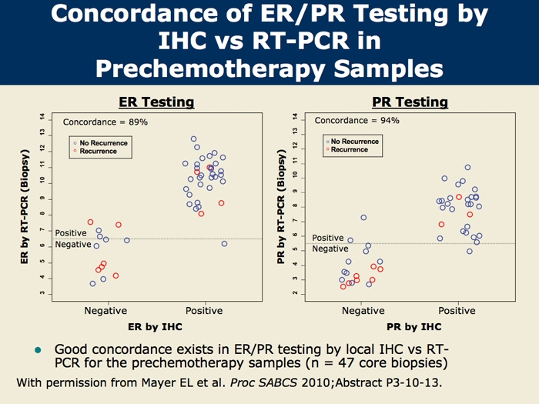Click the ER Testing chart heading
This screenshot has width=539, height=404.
point(156,102)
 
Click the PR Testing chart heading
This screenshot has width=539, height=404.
point(410,102)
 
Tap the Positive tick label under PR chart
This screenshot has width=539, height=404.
point(457,311)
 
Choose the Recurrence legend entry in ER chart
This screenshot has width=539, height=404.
point(98,152)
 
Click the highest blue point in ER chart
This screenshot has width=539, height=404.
point(194,139)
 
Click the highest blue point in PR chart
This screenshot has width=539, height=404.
point(467,167)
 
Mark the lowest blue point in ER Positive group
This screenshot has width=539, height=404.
point(225,243)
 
